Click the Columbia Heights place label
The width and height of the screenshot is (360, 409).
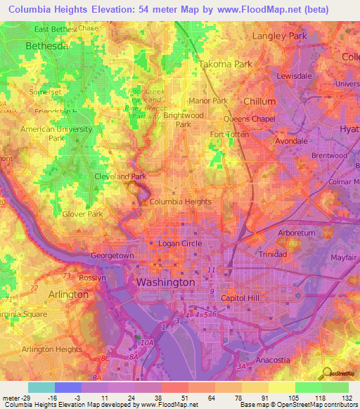(x=180, y=202)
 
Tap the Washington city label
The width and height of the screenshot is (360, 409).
(x=165, y=282)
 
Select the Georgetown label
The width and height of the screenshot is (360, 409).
(x=112, y=257)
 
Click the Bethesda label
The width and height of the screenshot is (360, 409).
(x=46, y=46)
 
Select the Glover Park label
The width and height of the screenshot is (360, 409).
(x=83, y=214)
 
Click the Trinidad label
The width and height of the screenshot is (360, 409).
(x=271, y=254)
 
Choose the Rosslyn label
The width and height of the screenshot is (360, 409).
(x=91, y=278)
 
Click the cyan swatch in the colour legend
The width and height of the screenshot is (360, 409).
(x=41, y=387)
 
